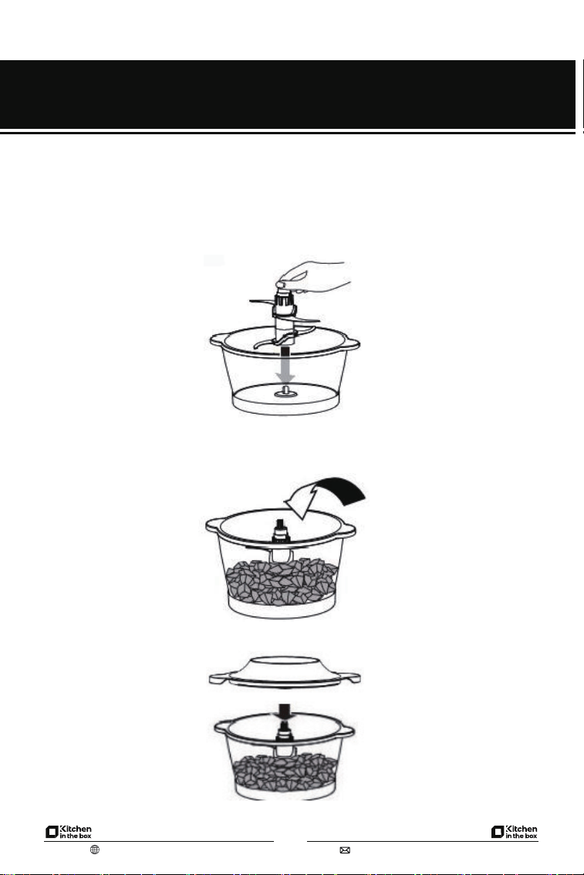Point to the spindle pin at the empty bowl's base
[285, 390]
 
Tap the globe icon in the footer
[95, 850]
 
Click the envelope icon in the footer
[345, 850]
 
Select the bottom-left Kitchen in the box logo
[69, 832]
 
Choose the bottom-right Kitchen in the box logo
[515, 832]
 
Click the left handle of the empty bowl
[218, 340]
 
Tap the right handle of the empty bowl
[352, 342]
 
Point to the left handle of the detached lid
[218, 678]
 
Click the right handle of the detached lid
[350, 678]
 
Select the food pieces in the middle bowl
[282, 582]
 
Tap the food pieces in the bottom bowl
[285, 773]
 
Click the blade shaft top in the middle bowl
[281, 530]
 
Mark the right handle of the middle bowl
[348, 531]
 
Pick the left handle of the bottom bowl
[222, 727]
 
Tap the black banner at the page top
[288, 94]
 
